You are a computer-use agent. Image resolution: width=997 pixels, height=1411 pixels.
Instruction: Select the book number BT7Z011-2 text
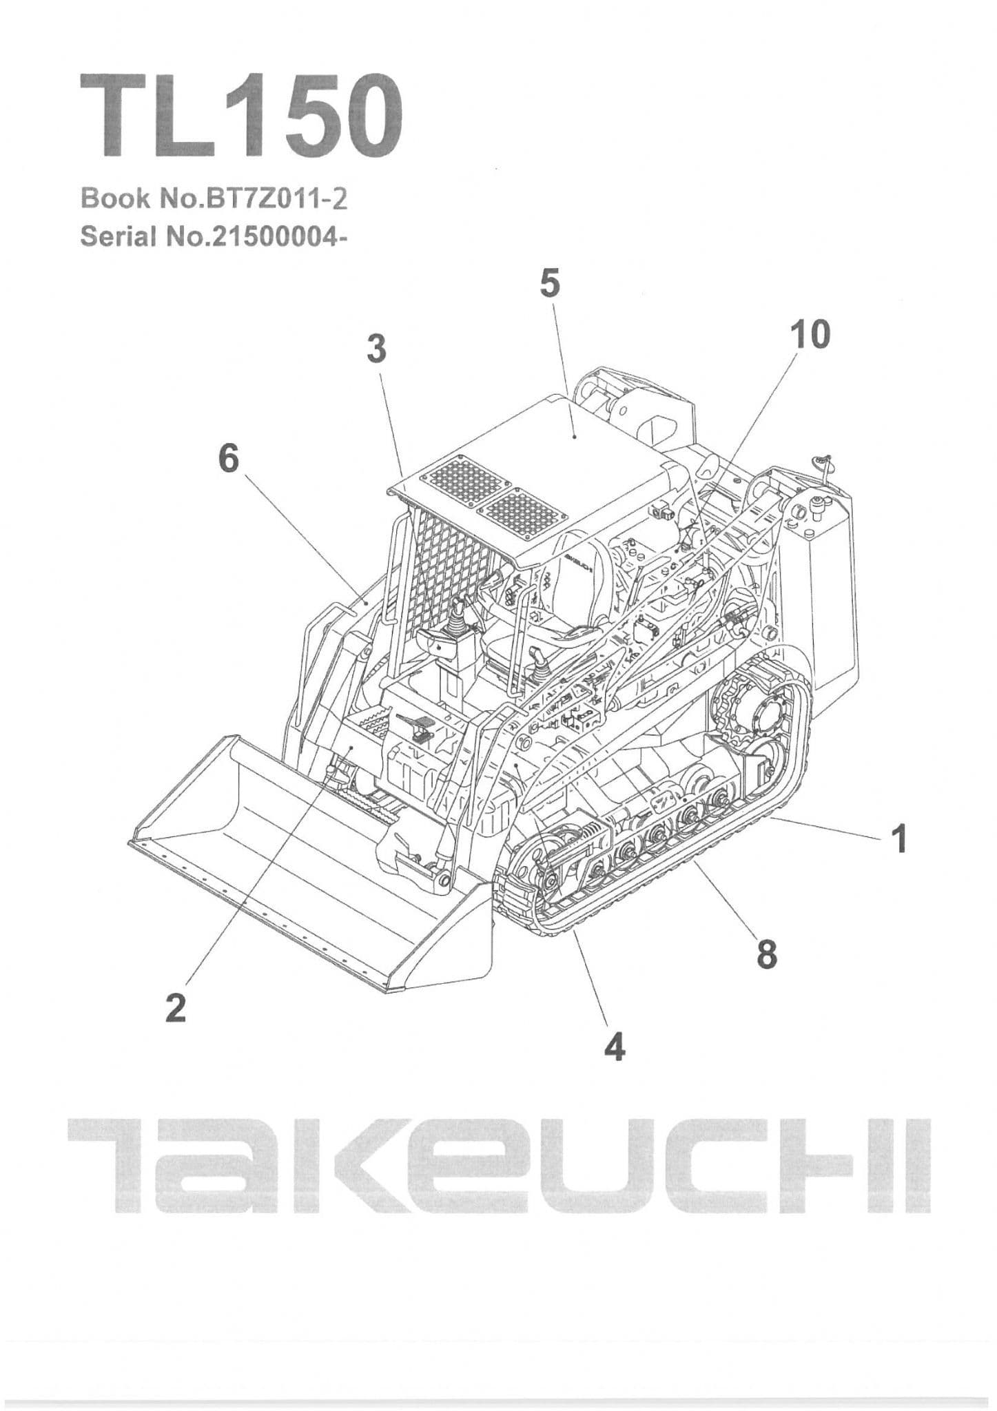pyautogui.click(x=214, y=198)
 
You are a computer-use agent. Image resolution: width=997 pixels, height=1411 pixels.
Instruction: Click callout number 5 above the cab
pyautogui.click(x=549, y=283)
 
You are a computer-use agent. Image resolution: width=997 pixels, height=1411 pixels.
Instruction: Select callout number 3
pyautogui.click(x=376, y=349)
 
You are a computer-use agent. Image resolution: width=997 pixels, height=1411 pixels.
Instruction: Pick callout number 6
pyautogui.click(x=228, y=458)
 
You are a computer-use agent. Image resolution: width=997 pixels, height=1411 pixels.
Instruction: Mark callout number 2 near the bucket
pyautogui.click(x=176, y=1009)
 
